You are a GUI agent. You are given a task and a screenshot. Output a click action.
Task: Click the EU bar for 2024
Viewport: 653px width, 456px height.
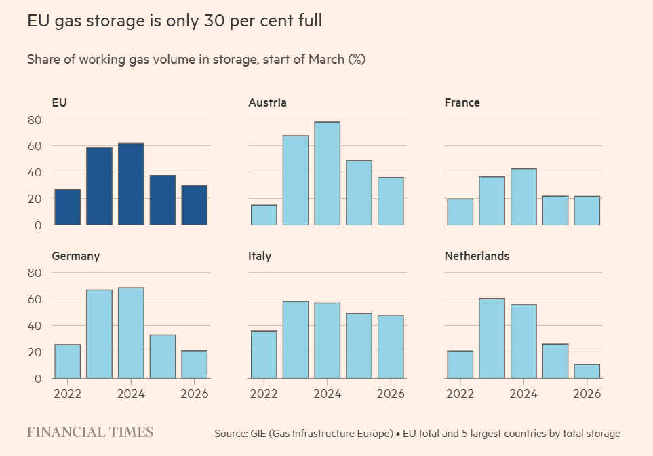tap(131, 184)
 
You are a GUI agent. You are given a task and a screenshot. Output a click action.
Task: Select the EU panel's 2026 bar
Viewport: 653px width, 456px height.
tap(195, 205)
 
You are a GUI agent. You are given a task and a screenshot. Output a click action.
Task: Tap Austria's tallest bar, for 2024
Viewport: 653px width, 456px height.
tap(328, 174)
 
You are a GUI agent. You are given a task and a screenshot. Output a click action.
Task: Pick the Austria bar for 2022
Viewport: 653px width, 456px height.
tap(264, 215)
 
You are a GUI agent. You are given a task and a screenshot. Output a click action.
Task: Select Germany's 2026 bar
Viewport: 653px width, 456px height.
tap(195, 364)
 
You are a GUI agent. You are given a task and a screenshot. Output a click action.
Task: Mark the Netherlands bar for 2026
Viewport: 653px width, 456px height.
tap(587, 371)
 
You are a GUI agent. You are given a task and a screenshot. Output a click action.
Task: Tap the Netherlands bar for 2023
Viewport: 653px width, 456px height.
tap(492, 338)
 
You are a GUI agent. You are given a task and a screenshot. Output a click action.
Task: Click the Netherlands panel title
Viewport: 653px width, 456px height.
tap(477, 256)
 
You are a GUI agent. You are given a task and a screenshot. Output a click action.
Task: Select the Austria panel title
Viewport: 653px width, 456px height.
tap(267, 102)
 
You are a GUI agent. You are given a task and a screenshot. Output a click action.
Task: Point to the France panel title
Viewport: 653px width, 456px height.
tap(462, 102)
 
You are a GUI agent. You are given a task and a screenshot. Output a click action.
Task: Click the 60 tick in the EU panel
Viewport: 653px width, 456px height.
tap(34, 146)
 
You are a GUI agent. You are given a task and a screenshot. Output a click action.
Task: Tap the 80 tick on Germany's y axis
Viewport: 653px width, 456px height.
tap(34, 273)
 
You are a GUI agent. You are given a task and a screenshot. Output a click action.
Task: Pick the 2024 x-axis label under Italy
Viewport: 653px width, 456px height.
tap(328, 394)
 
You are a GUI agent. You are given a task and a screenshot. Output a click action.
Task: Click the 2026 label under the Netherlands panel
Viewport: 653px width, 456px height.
tap(587, 394)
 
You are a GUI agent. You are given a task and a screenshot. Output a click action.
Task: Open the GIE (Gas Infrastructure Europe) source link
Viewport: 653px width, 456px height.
tap(321, 433)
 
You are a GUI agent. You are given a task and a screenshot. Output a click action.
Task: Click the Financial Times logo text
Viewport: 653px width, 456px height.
tap(90, 432)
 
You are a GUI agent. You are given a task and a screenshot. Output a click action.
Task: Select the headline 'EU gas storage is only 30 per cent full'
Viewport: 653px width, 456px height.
tap(174, 21)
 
